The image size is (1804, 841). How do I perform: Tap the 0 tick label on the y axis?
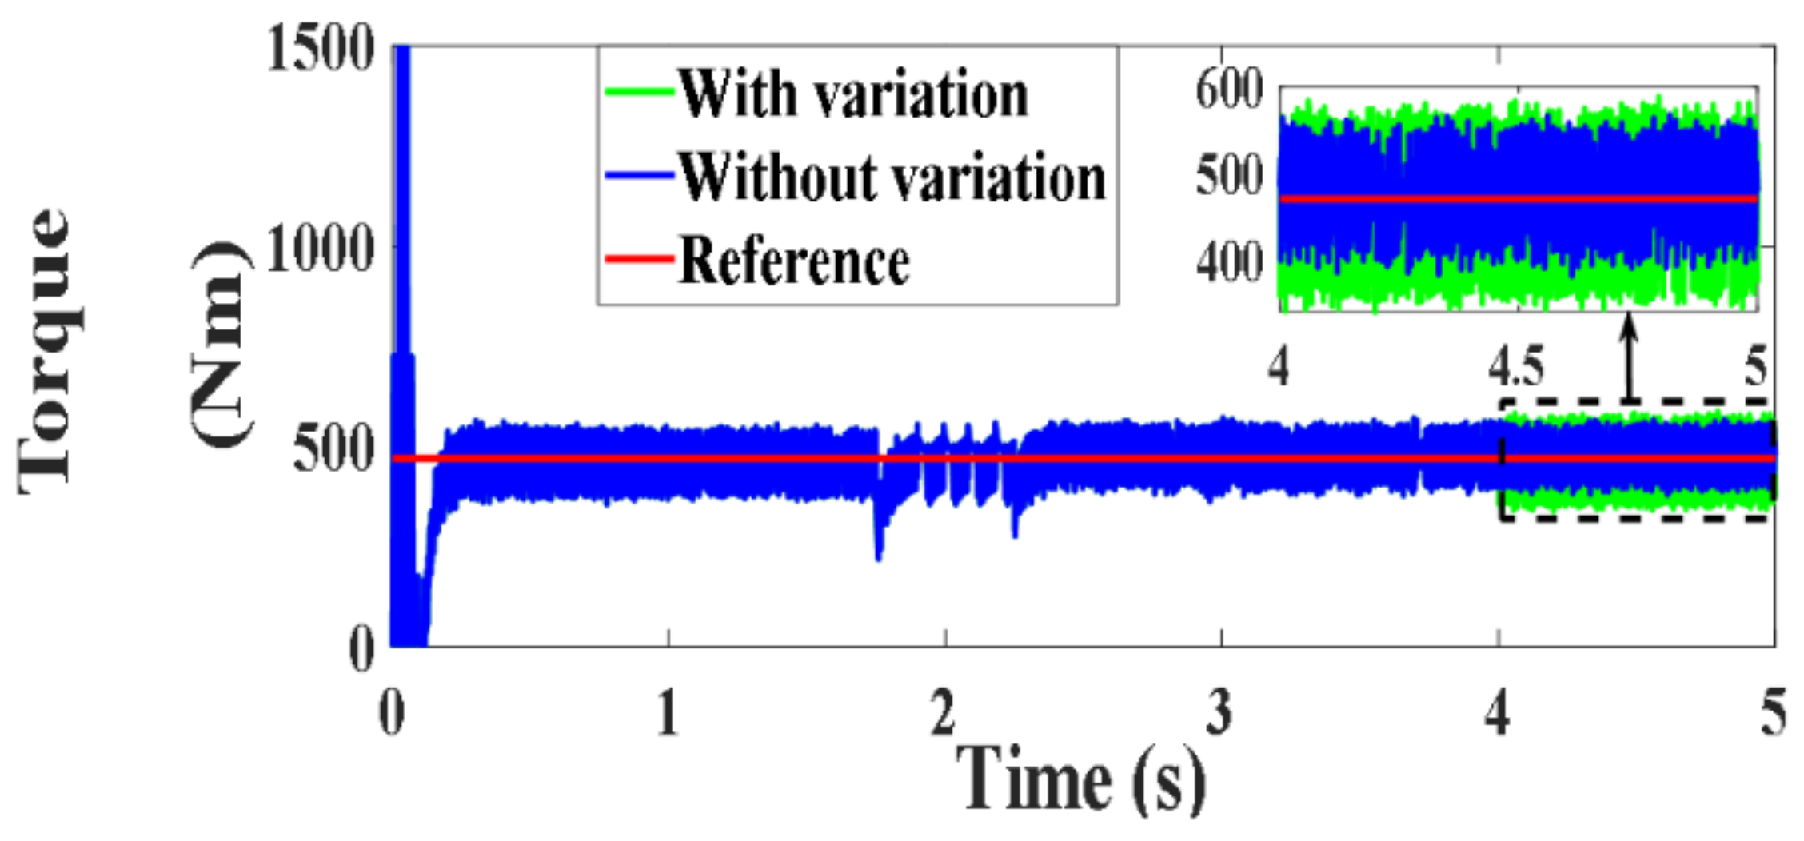(361, 648)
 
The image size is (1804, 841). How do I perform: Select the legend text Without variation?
(892, 177)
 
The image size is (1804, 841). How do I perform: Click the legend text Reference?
(794, 261)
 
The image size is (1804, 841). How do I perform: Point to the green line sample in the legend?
(638, 92)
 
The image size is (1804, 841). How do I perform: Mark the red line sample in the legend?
(638, 258)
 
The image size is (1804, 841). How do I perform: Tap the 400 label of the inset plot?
(1229, 262)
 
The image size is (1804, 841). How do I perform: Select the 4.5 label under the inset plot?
(1516, 368)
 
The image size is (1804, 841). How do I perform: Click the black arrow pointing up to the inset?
(1630, 360)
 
